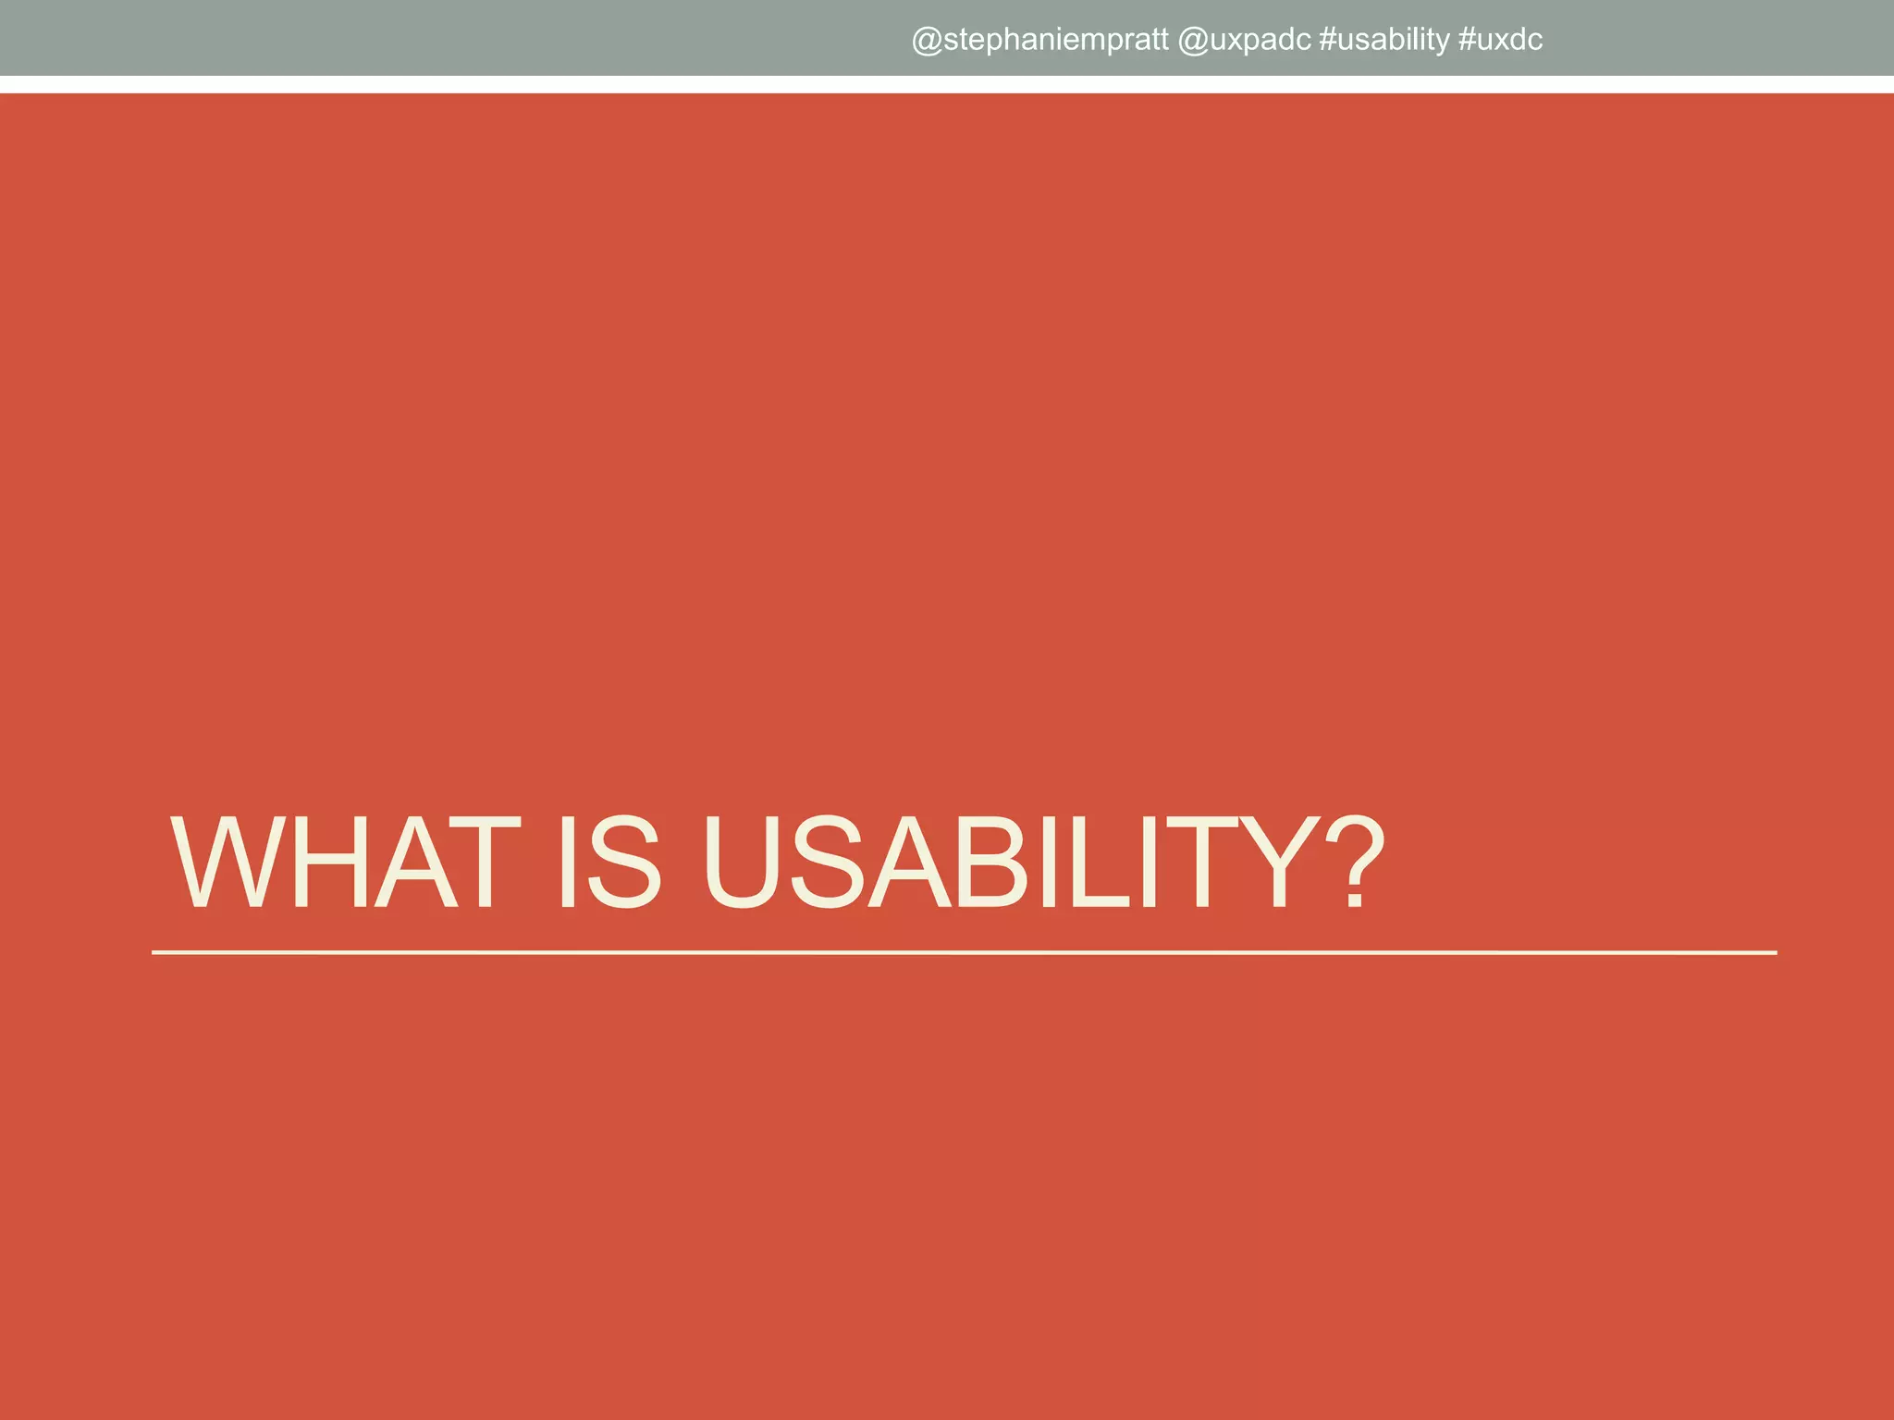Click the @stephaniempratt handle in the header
[x=1039, y=40]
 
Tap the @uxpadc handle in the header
[x=1244, y=40]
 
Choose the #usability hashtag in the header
[x=1384, y=40]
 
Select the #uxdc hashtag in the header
[x=1500, y=40]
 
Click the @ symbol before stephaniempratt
[x=927, y=41]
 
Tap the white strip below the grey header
[x=947, y=84]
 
